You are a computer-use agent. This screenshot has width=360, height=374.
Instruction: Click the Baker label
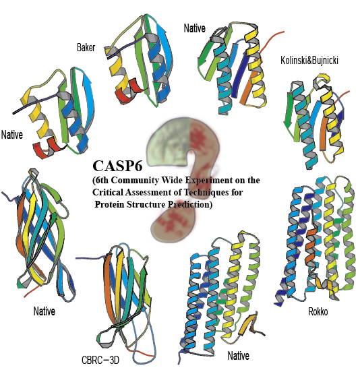point(86,47)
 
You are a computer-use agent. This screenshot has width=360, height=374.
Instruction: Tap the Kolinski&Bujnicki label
point(309,61)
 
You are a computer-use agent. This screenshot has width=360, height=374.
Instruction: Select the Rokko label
point(318,311)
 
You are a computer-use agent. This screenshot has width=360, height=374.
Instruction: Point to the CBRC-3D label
point(100,360)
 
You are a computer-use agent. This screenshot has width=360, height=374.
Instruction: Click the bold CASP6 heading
point(117,166)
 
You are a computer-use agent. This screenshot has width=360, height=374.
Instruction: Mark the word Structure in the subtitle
point(146,204)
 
